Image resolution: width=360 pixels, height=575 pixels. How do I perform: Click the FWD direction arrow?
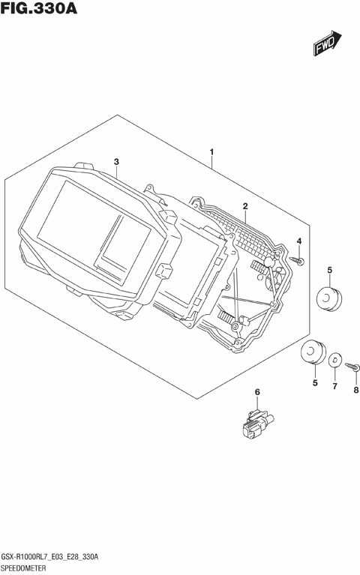[x=327, y=43]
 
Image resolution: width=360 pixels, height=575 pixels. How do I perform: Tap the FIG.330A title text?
[x=38, y=8]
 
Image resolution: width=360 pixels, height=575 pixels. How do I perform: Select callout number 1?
[x=211, y=151]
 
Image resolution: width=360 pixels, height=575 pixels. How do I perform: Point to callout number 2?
[x=245, y=206]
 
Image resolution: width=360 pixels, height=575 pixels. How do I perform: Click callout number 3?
[x=116, y=162]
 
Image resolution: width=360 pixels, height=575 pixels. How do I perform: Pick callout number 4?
[x=299, y=241]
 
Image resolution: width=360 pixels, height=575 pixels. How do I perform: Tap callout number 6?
[x=257, y=392]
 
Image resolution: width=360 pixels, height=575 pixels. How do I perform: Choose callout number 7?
[x=334, y=386]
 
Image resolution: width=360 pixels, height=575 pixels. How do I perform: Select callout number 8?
[x=356, y=390]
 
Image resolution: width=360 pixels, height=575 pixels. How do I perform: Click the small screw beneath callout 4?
[x=297, y=260]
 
